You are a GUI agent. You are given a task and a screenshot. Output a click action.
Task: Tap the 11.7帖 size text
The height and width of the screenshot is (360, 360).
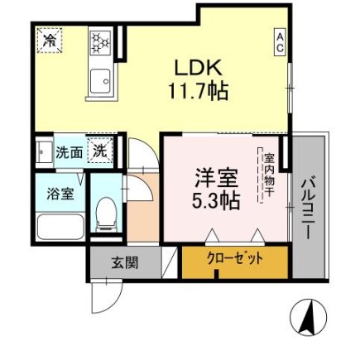(199, 89)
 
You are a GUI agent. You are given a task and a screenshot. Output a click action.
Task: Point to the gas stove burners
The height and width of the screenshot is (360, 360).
(100, 42)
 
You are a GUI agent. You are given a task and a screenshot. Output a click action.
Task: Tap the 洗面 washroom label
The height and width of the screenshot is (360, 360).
(68, 153)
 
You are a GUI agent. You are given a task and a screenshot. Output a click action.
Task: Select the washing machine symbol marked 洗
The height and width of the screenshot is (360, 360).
(98, 152)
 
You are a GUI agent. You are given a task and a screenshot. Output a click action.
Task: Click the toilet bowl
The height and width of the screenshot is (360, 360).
(105, 214)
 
